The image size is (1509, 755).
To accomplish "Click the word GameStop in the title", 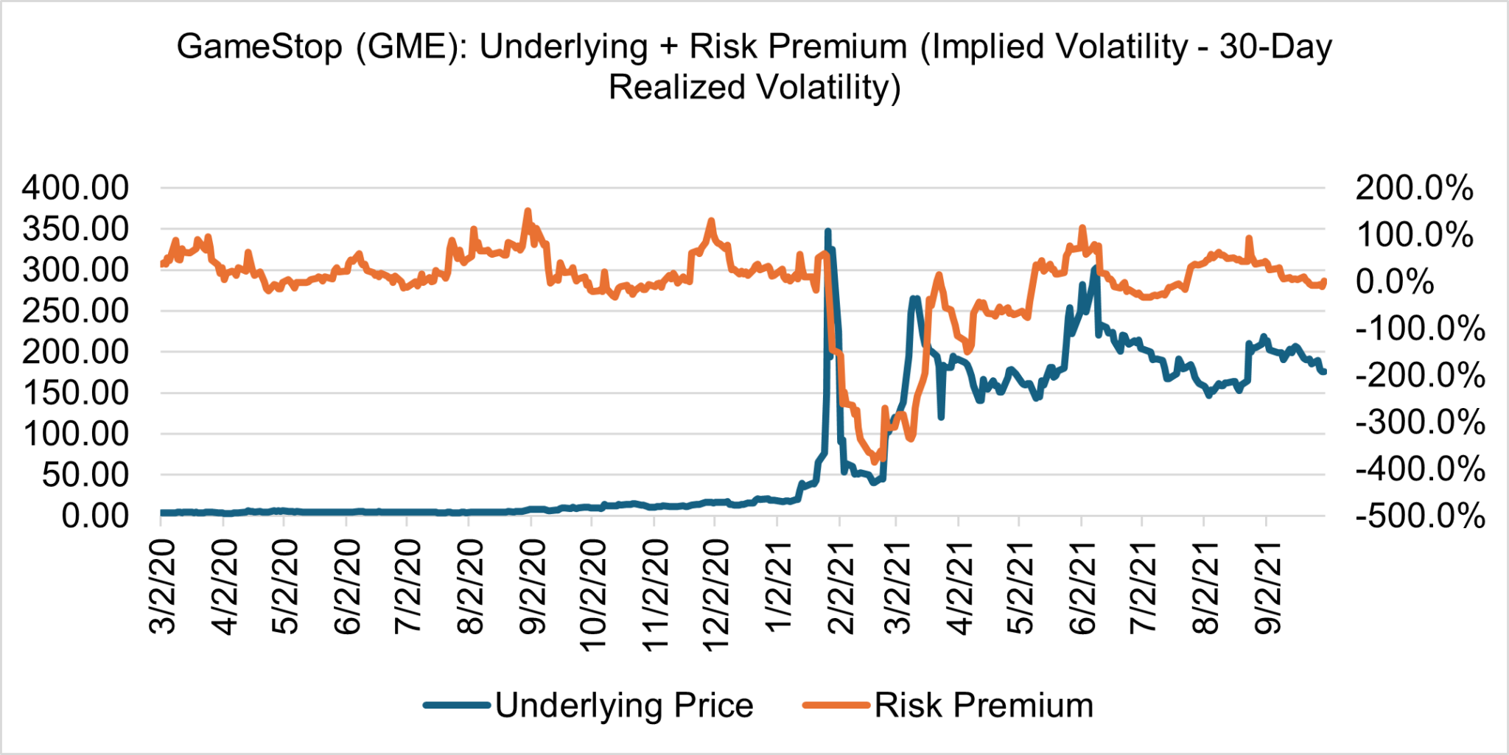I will point(259,47).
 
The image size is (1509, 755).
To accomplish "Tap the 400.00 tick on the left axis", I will point(75,188).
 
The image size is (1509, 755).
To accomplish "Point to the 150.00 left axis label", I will point(75,393).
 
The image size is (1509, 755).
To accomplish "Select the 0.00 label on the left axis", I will point(94,516).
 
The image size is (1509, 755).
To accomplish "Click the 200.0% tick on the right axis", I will point(1414,188).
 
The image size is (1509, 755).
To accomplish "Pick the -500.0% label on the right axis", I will point(1420,516).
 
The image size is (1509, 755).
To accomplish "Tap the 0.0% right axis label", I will point(1394,281).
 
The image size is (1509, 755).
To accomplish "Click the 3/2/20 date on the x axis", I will point(163,586).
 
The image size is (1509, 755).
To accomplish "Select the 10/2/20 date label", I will point(593,595).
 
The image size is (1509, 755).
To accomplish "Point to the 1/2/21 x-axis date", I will point(778,586).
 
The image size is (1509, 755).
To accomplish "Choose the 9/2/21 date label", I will point(1268,586).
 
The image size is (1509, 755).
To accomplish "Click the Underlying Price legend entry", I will point(623,705).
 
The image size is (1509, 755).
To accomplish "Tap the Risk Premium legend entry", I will point(983,705).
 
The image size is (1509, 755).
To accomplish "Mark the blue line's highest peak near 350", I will point(827,231).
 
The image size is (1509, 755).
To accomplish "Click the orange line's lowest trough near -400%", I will point(875,461).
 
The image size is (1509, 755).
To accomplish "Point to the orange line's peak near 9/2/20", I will point(527,211).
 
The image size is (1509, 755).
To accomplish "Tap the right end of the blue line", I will point(1324,371).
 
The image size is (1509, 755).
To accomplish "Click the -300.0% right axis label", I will point(1420,422).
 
